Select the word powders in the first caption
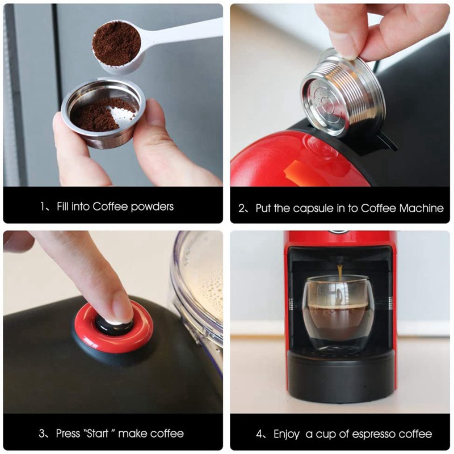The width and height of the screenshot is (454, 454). coord(152,207)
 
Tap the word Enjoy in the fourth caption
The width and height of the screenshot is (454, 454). coord(287,435)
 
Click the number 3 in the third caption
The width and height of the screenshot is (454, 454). coord(43,434)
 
